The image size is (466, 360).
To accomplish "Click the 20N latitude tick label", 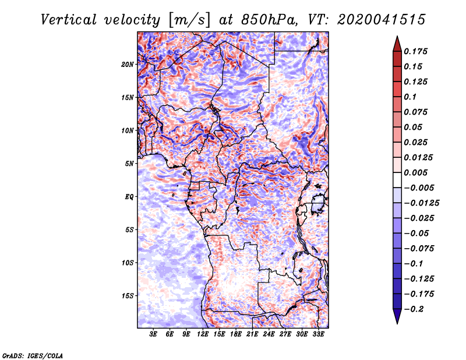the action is click(x=127, y=65).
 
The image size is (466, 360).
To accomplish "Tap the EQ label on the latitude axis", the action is click(x=129, y=197).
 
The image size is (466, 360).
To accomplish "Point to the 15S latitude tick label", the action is click(x=127, y=296).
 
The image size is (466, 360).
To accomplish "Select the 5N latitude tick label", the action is click(x=129, y=164).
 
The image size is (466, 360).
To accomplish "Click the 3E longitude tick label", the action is click(x=153, y=334).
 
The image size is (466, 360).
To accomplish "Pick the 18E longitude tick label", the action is click(x=236, y=334).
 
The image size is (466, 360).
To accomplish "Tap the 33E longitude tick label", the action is click(x=318, y=334).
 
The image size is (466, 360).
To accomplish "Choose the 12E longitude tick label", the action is click(x=203, y=334).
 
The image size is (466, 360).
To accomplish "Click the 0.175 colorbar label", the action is click(x=415, y=51).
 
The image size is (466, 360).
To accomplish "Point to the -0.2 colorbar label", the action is click(x=414, y=309).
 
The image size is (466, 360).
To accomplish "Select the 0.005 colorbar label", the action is click(x=415, y=172).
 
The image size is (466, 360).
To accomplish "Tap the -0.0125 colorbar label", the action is click(x=421, y=203).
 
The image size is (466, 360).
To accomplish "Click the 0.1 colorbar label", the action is click(x=410, y=97).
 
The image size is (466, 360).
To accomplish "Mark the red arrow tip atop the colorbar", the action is click(x=397, y=36).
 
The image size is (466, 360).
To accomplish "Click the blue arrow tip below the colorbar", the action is click(x=397, y=323).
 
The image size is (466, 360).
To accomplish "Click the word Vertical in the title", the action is click(x=69, y=20).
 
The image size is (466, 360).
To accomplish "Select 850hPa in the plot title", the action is click(x=269, y=20).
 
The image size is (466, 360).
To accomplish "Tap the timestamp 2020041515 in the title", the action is click(x=382, y=20).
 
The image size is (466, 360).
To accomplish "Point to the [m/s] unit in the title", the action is click(x=189, y=20).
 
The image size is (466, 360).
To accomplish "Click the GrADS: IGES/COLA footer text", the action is click(x=33, y=356).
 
